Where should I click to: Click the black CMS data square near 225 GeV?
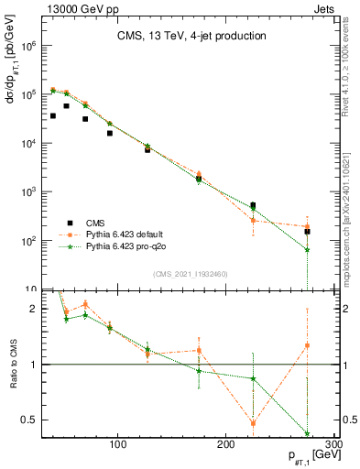pyautogui.click(x=253, y=205)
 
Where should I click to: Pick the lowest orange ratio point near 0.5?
pyautogui.click(x=253, y=423)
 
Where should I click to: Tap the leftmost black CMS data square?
pyautogui.click(x=53, y=115)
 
